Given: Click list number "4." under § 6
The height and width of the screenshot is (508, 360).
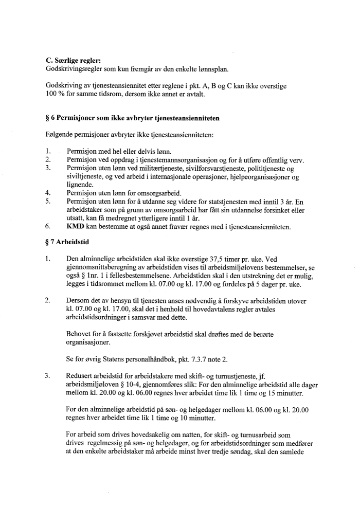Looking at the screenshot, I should pyautogui.click(x=48, y=192).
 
